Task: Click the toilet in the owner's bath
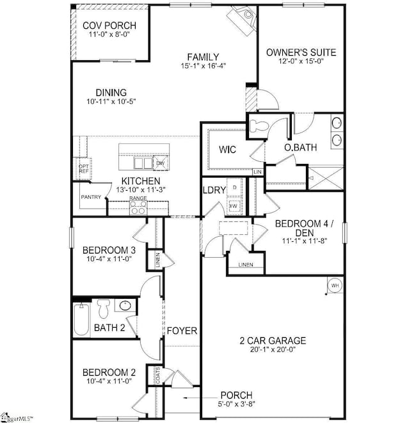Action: pyautogui.click(x=259, y=126)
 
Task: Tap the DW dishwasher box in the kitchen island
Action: pyautogui.click(x=159, y=164)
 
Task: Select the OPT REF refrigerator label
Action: pyautogui.click(x=83, y=169)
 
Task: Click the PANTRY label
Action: pyautogui.click(x=91, y=197)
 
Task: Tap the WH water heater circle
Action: pyautogui.click(x=334, y=285)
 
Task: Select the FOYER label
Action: pyautogui.click(x=182, y=330)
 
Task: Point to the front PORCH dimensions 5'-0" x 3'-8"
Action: pyautogui.click(x=236, y=404)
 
